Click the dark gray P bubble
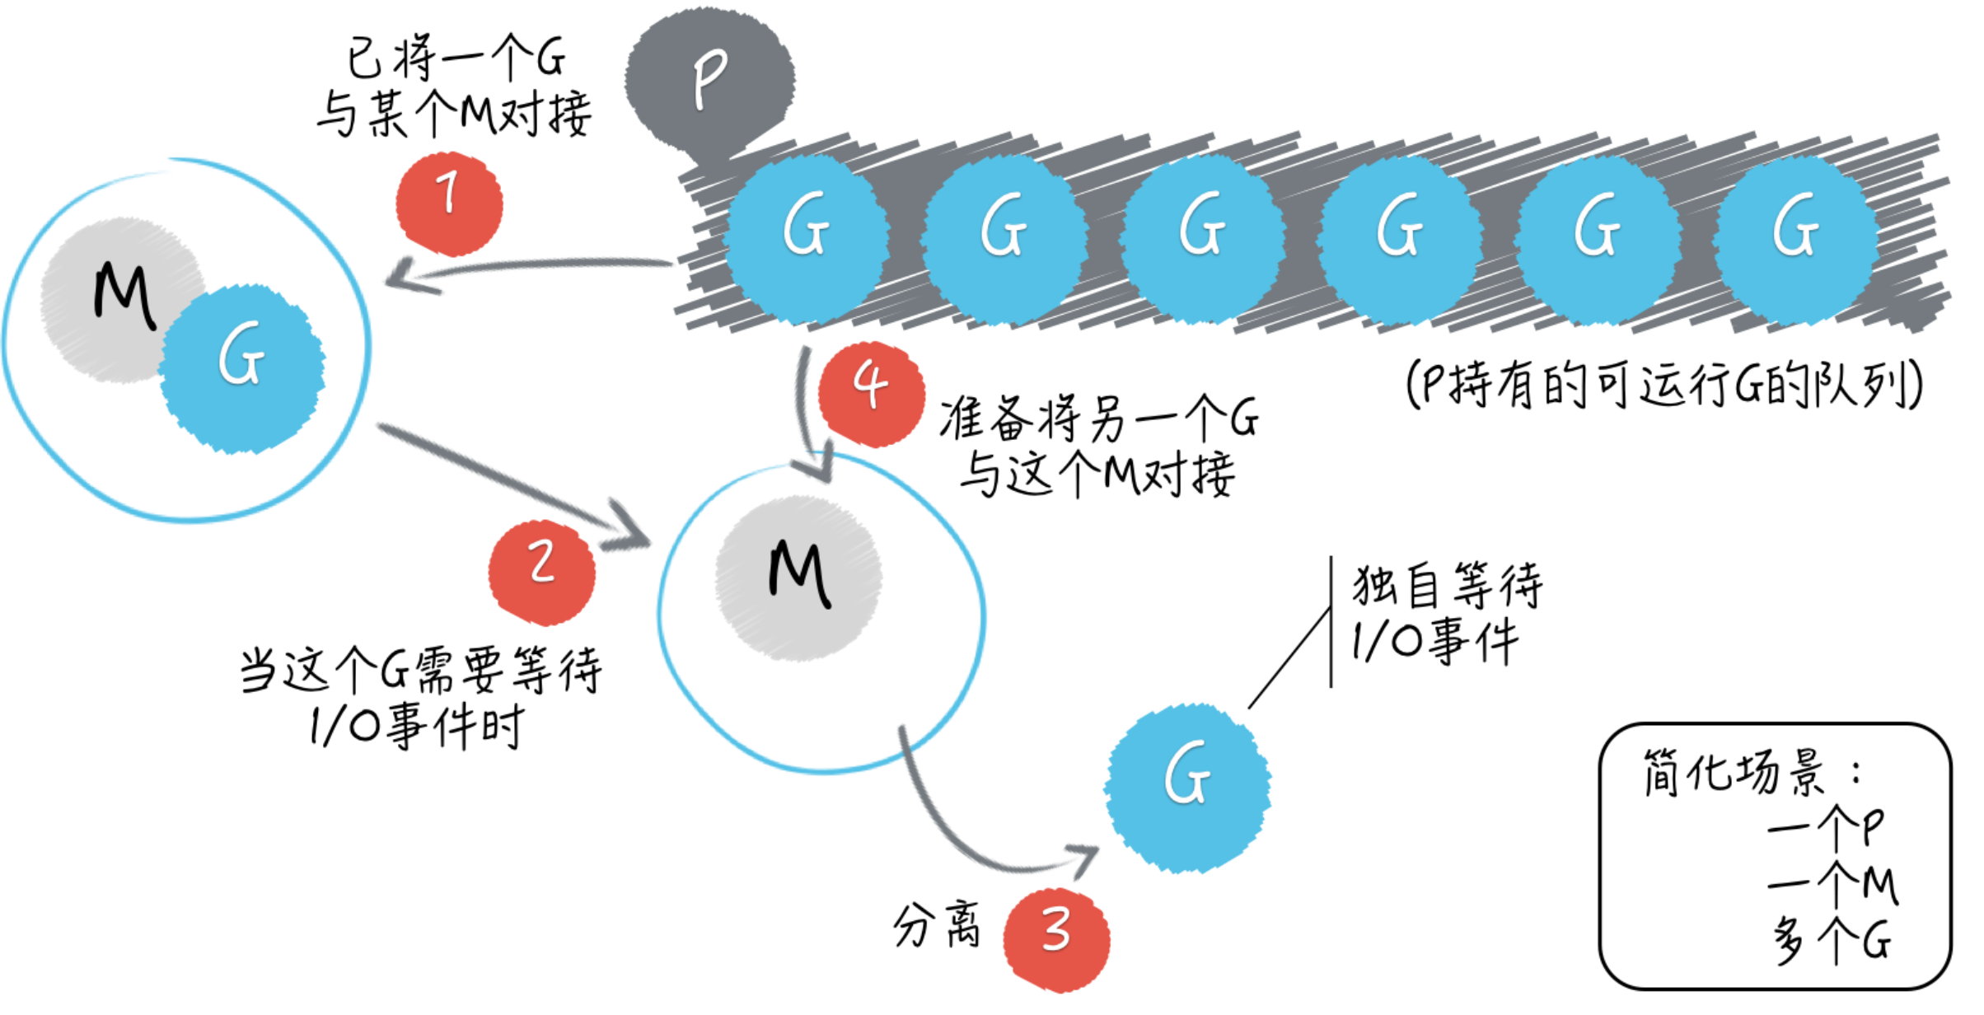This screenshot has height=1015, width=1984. [x=709, y=78]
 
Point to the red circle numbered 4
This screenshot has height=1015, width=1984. [x=871, y=394]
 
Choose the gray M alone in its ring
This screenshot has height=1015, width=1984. [x=798, y=578]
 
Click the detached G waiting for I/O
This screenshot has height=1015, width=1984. [x=1187, y=788]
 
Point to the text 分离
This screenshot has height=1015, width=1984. [x=937, y=924]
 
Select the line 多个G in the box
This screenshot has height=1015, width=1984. [x=1831, y=939]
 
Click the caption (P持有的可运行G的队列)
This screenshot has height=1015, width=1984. [x=1664, y=384]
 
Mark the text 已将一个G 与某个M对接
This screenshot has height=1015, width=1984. [x=454, y=86]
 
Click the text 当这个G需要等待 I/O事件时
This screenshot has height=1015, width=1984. [x=420, y=696]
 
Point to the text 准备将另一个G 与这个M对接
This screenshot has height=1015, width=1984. [x=1098, y=446]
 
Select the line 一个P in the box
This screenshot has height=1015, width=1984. [x=1824, y=828]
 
